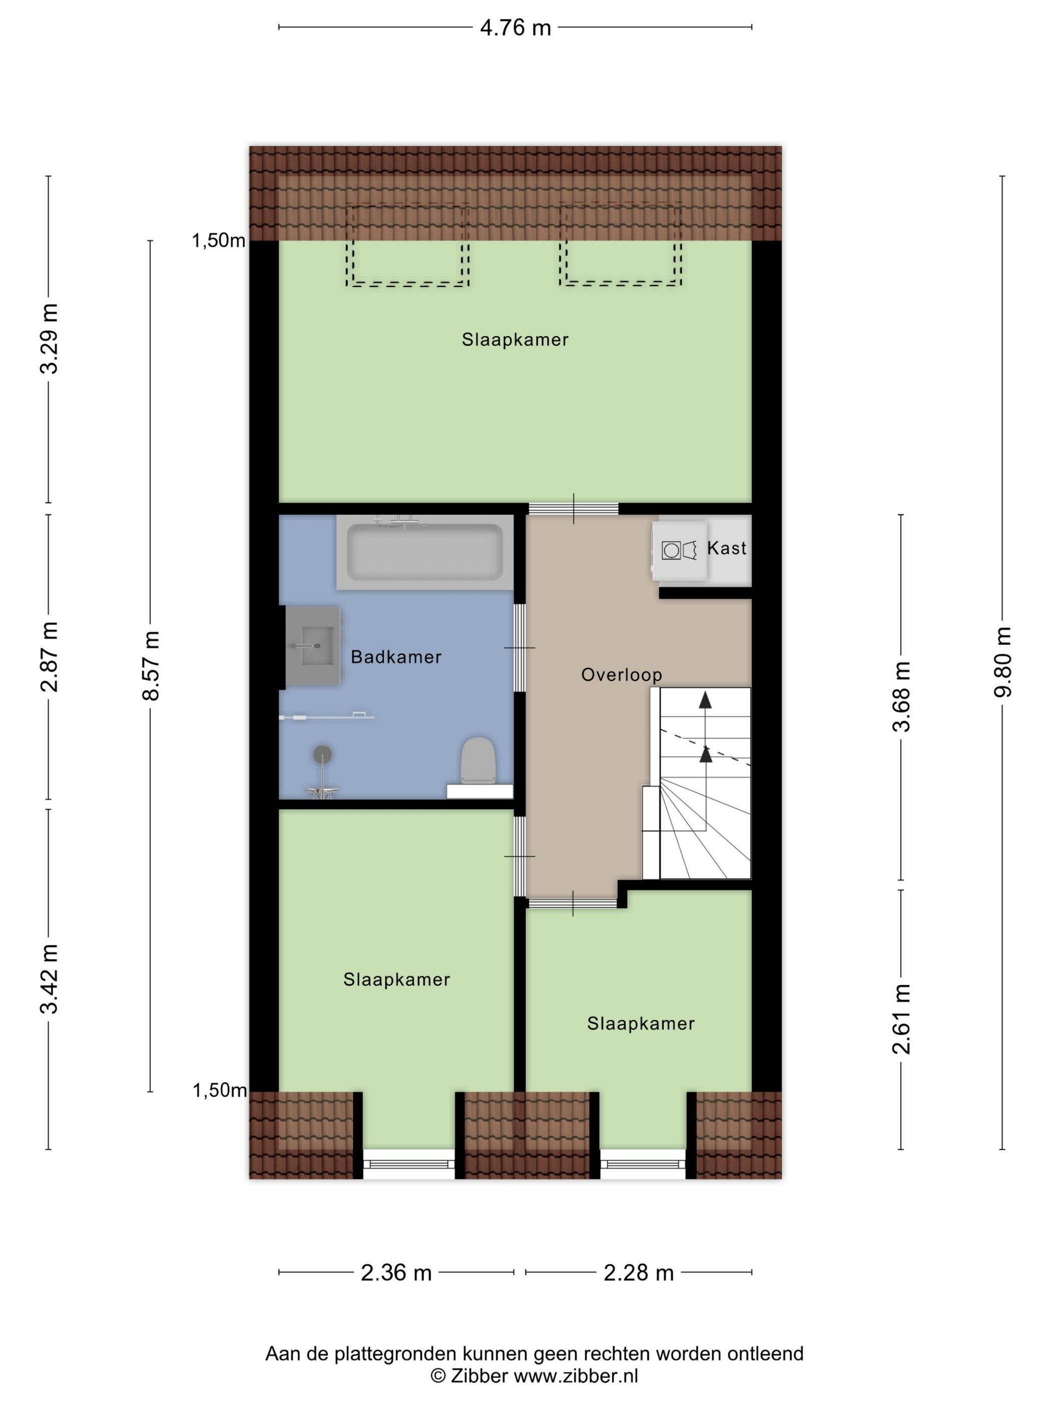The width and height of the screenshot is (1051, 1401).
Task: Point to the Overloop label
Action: point(622,674)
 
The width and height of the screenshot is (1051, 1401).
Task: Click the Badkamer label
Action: point(396,657)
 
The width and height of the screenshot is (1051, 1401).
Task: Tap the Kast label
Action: point(727,548)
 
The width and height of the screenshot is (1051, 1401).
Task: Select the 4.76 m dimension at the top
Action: point(515,28)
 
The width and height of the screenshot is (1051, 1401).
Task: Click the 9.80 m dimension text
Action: point(1002,662)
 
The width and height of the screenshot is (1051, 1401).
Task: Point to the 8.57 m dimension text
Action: point(151,665)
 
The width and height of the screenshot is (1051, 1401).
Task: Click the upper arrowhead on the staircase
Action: point(705,699)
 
